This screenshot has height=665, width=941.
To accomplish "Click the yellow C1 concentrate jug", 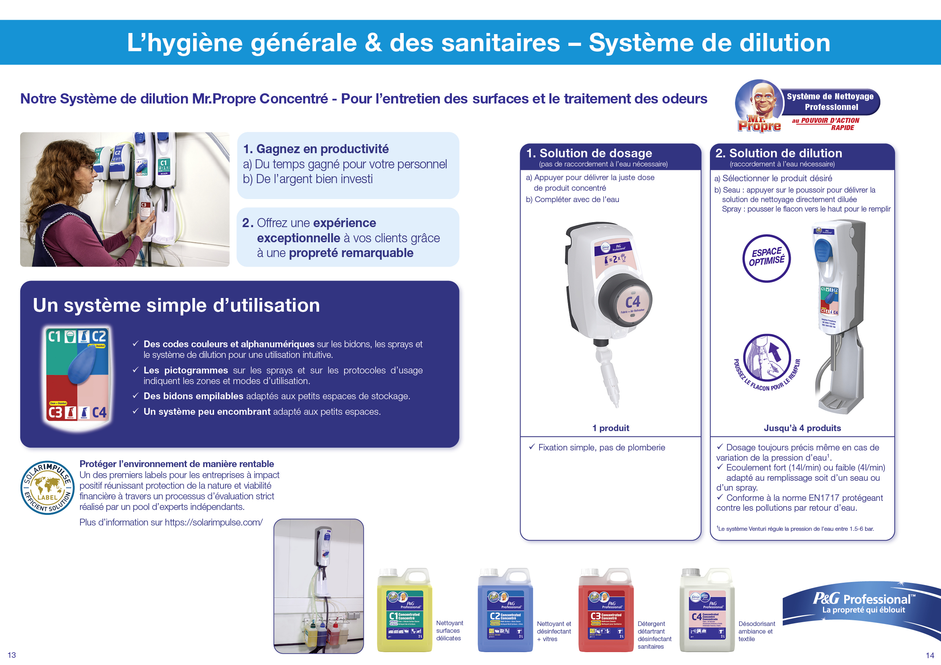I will tap(404, 610).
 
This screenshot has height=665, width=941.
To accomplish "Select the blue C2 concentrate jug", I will tap(505, 610).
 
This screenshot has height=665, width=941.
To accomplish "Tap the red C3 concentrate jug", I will tap(606, 610).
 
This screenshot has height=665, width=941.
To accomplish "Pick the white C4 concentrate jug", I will tap(707, 610).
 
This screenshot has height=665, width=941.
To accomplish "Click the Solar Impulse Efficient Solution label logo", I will tap(47, 488).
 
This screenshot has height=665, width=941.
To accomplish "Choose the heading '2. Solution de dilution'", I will tap(778, 153).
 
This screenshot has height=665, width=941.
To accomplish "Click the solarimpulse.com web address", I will tap(214, 522).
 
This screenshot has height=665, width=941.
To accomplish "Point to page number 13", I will tap(11, 655).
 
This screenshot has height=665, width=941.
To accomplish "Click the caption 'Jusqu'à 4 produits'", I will tap(802, 428).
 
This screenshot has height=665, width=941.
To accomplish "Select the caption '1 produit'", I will tap(610, 428).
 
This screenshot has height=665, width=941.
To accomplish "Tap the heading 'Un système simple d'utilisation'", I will tap(176, 306).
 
